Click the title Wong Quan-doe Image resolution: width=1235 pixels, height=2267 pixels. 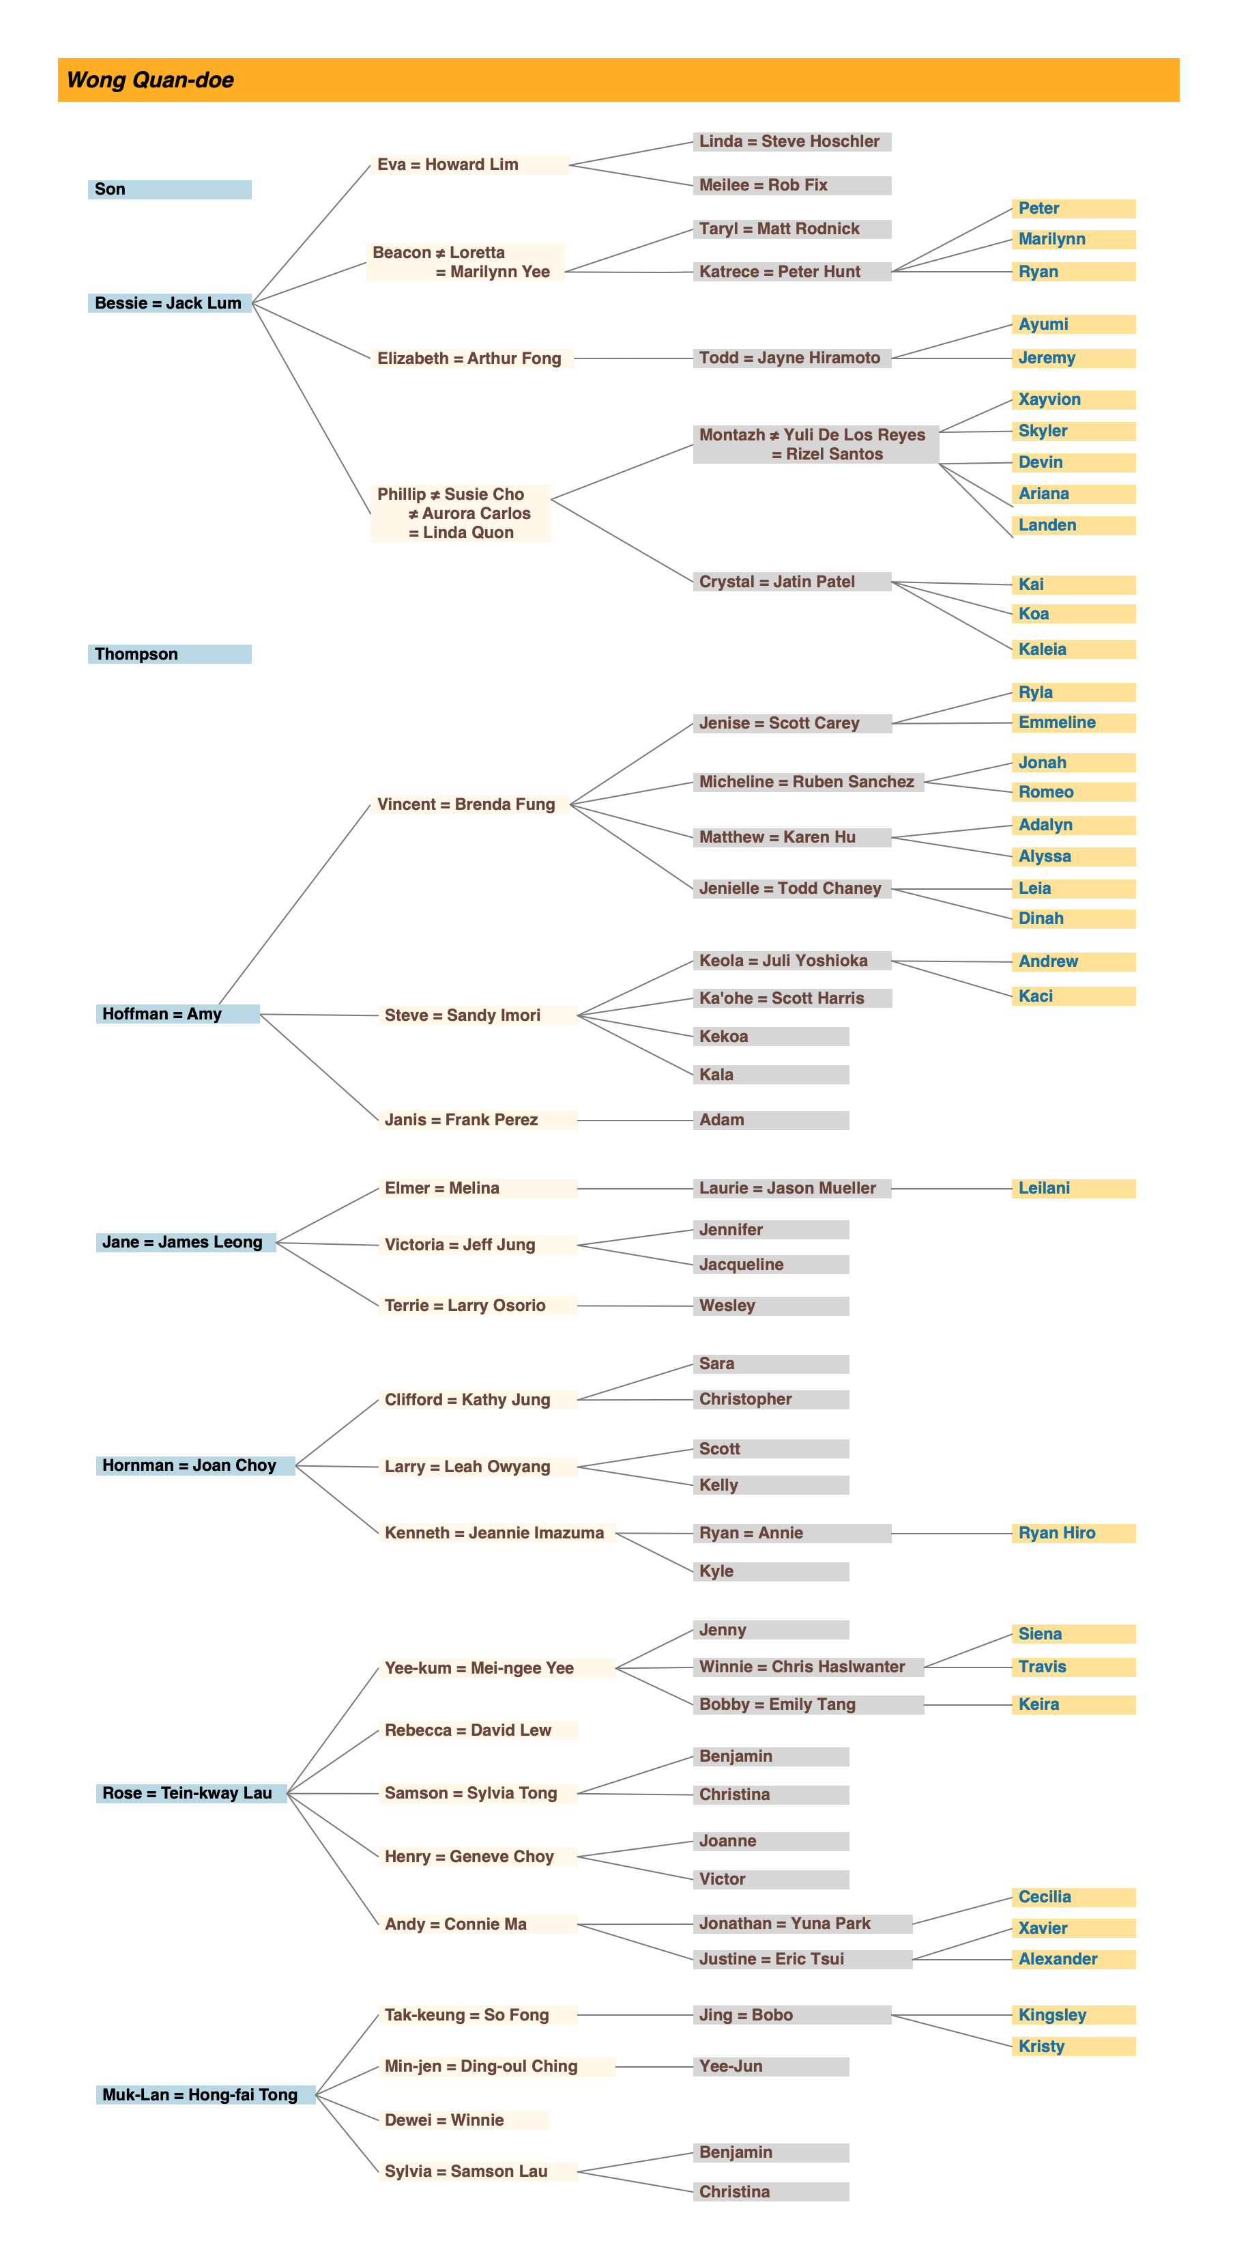[x=150, y=80]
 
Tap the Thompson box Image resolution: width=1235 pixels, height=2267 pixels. [x=169, y=654]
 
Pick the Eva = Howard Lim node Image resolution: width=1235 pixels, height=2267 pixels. [x=469, y=165]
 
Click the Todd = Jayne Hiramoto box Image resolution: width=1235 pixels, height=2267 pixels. [x=791, y=358]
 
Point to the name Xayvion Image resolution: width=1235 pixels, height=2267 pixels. [x=1049, y=399]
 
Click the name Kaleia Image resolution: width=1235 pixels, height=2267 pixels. [x=1043, y=649]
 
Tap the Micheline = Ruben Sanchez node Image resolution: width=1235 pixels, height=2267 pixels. [x=807, y=783]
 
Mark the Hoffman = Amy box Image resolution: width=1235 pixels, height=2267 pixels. [x=177, y=1014]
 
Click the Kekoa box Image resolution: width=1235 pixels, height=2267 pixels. [x=770, y=1037]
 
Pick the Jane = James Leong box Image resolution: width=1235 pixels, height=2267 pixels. [x=185, y=1243]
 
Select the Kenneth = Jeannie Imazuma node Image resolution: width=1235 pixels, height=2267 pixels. [x=495, y=1533]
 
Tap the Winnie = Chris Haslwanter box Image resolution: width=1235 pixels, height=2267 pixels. [x=807, y=1667]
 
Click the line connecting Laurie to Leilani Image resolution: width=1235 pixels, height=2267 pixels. [x=951, y=1189]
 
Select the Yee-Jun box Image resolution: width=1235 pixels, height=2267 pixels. [x=770, y=2066]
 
